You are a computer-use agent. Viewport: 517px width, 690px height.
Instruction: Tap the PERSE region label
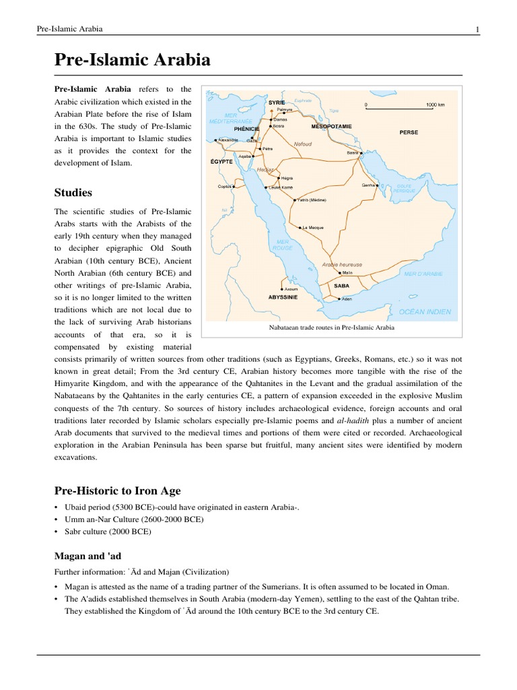[x=408, y=133]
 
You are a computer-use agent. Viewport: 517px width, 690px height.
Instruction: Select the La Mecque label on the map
[x=313, y=228]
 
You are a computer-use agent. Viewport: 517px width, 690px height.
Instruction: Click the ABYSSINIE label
[x=283, y=296]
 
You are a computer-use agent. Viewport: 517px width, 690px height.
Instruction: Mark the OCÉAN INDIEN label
[x=425, y=312]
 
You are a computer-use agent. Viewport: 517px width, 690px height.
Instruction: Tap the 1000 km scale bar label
[x=436, y=105]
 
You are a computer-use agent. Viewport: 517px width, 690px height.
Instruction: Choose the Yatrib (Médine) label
[x=312, y=200]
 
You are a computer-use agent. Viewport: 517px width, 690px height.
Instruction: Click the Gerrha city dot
[x=378, y=185]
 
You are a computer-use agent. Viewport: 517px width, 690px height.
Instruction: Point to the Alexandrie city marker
[x=215, y=140]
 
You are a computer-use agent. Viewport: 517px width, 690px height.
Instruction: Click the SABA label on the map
[x=341, y=286]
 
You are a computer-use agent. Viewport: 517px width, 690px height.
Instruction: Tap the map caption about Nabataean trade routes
[x=331, y=327]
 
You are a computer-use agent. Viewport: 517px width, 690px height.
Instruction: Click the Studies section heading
[x=74, y=193]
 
